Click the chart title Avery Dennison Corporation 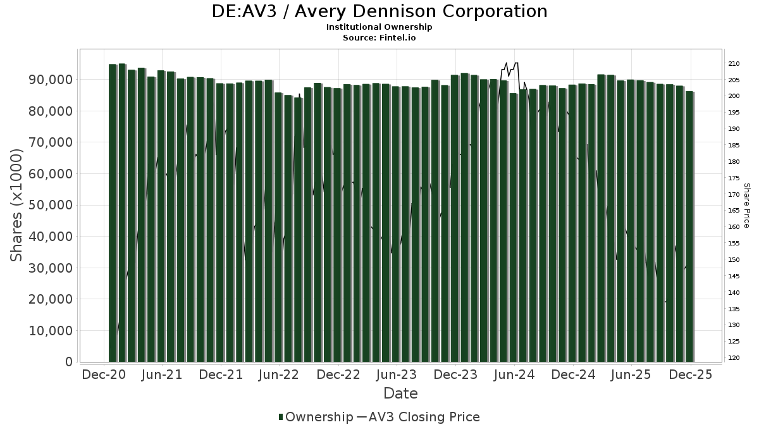point(379,11)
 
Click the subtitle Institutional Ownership point(379,27)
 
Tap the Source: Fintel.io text point(379,37)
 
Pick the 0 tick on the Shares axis point(68,362)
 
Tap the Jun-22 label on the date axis point(279,374)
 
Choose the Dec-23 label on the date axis point(455,374)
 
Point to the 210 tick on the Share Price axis point(734,64)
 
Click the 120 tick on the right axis point(734,358)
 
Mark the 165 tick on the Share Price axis point(734,211)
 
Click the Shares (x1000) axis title point(17,205)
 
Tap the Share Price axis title point(746,205)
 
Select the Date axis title point(400,393)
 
